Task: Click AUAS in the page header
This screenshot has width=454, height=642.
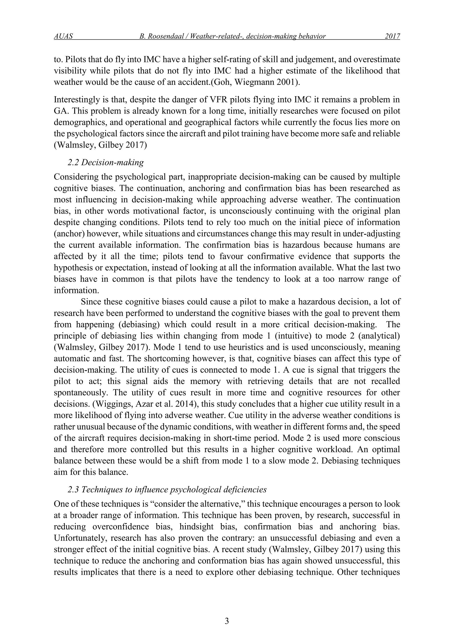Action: (x=63, y=36)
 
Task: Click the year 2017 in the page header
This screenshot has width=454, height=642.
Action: (x=392, y=36)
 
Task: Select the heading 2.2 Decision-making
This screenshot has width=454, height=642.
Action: (x=106, y=162)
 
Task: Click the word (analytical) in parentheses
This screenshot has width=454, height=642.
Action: (x=379, y=336)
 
